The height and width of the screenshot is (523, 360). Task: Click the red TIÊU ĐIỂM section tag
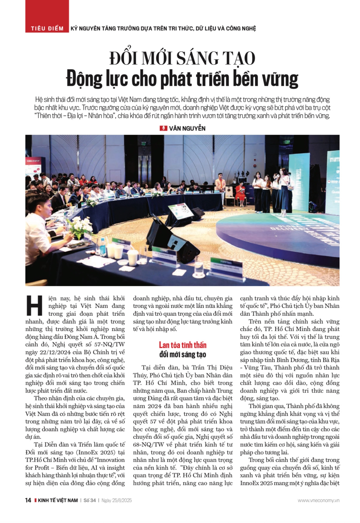tap(47, 29)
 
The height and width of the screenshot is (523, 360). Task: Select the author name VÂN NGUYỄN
tap(187, 128)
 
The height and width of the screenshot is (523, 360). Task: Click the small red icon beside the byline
tap(163, 128)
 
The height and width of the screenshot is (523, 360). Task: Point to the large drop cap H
tap(34, 306)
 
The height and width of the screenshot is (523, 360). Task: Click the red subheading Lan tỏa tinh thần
tap(183, 345)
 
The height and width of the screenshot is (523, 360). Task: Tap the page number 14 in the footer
tap(28, 500)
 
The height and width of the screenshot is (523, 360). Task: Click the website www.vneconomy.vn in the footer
tap(318, 500)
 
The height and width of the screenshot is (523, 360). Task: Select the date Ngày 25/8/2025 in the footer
tap(116, 500)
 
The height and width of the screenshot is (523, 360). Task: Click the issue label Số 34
tap(90, 500)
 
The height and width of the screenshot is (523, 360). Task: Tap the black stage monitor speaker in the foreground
tap(174, 243)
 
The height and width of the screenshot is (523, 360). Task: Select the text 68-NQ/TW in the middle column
tap(146, 444)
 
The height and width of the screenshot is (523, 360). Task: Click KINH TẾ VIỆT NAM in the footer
tap(58, 500)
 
